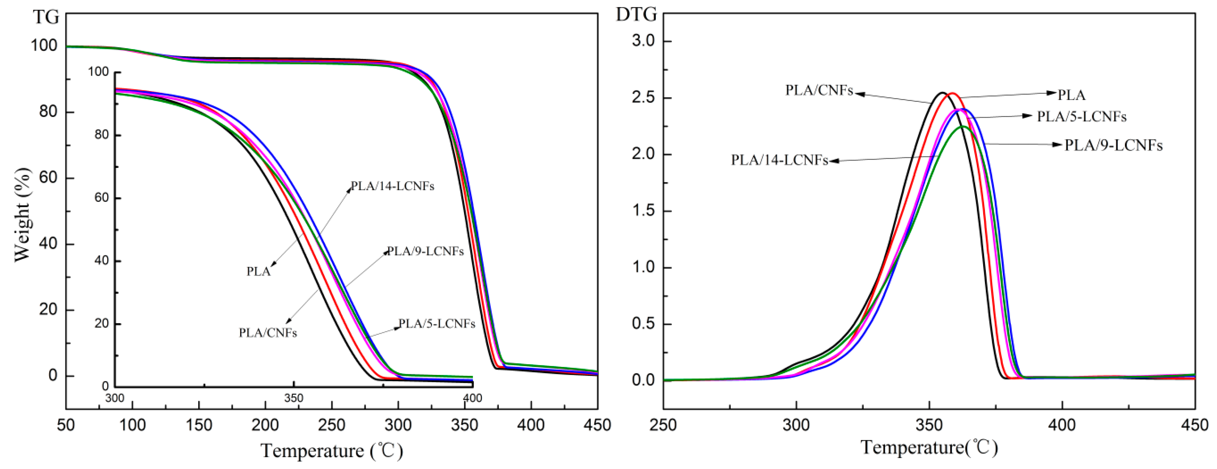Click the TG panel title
pos(46,18)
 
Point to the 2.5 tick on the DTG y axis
pos(646,98)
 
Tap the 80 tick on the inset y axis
pos(101,135)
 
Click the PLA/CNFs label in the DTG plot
pos(819,90)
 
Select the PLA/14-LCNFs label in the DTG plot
pos(780,160)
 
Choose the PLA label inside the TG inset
pos(258,272)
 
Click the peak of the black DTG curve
pos(942,93)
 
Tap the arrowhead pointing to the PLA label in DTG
pos(1053,93)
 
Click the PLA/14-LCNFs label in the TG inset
pos(392,186)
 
